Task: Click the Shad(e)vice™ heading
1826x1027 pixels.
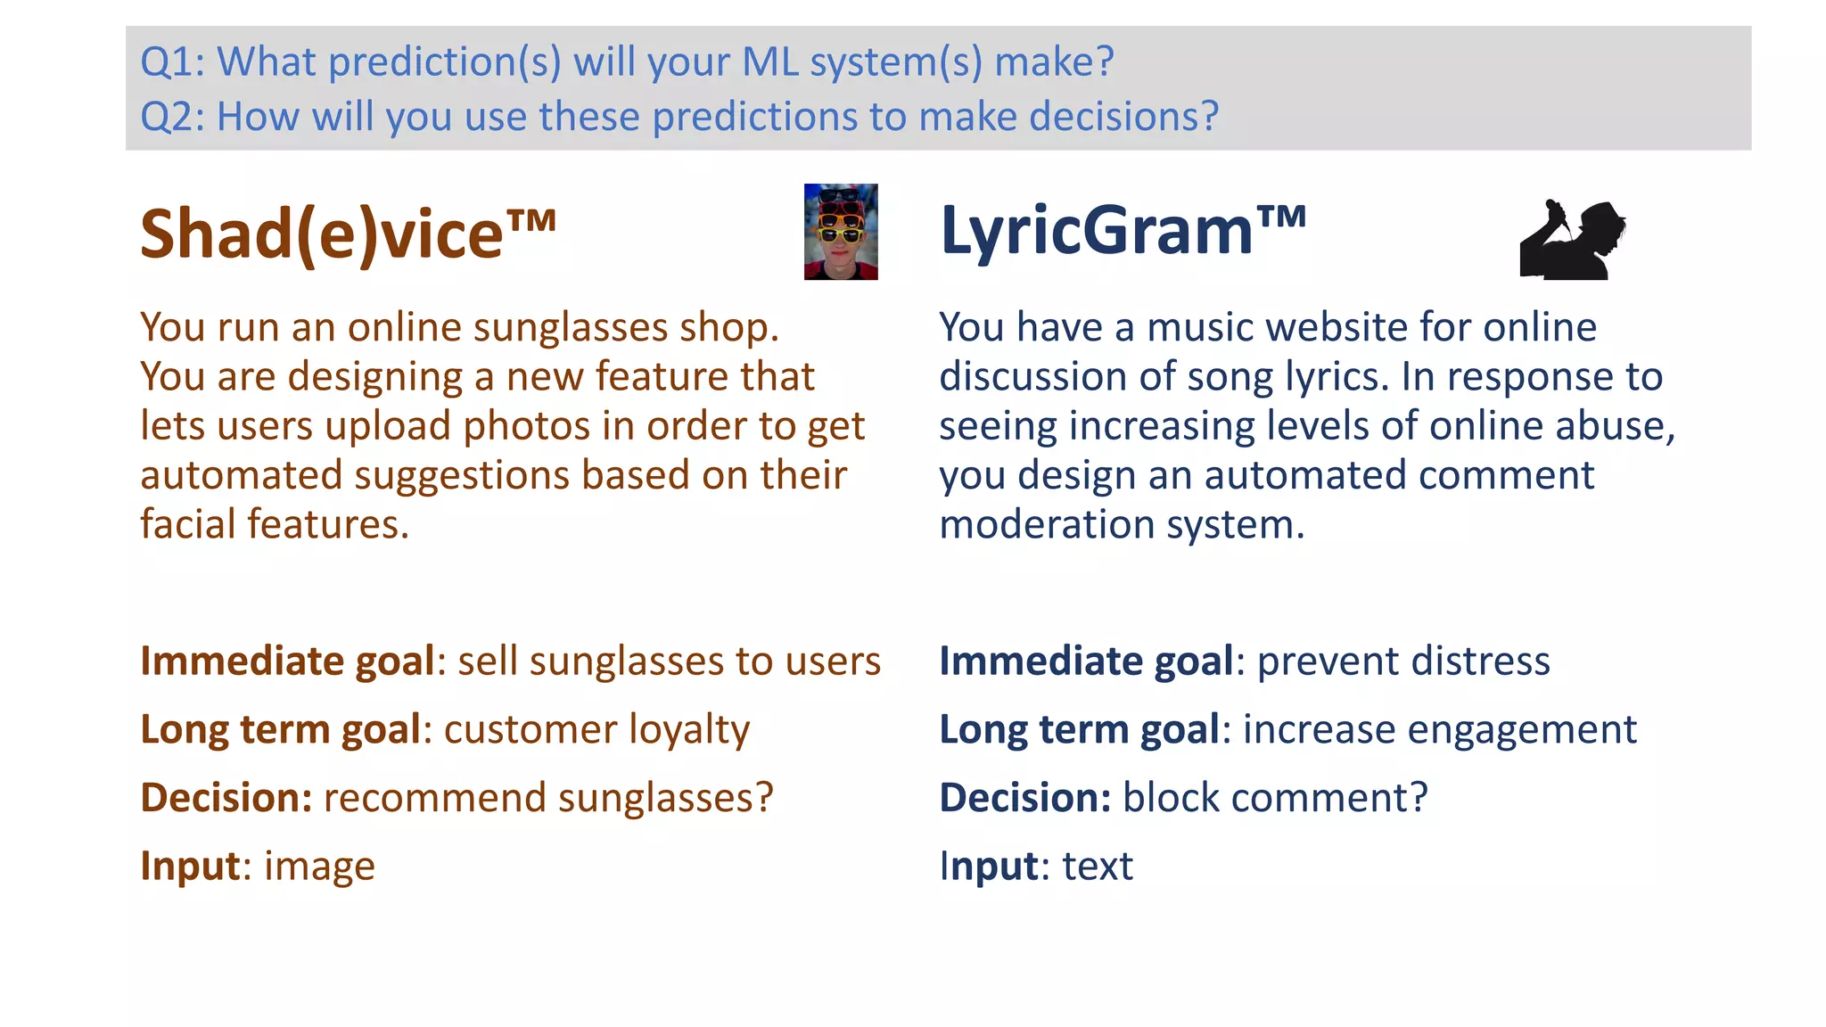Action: pos(348,234)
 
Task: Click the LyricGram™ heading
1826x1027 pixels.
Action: pos(1123,231)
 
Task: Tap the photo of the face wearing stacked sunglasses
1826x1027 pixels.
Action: pos(840,232)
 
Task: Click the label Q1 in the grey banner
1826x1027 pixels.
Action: pos(172,62)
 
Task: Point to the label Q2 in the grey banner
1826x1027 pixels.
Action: pos(172,117)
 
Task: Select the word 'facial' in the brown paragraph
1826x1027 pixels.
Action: pos(188,524)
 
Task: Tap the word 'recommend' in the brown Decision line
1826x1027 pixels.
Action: pos(434,798)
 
